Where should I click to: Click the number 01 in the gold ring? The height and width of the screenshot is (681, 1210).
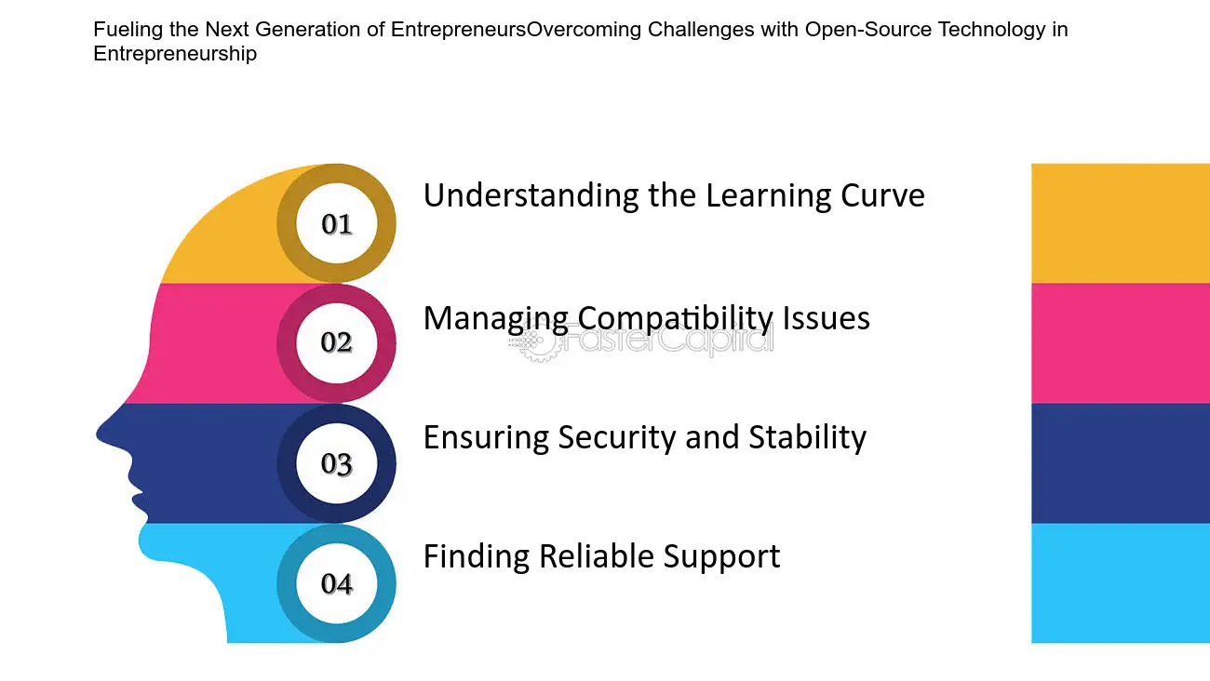[337, 223]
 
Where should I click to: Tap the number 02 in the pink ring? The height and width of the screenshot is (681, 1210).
[336, 341]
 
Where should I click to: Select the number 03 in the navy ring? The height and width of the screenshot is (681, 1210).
[336, 463]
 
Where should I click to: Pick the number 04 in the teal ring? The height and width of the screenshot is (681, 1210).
[337, 583]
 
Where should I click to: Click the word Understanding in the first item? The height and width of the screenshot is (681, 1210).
[531, 195]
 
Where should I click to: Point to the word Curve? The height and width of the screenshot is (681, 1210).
[882, 195]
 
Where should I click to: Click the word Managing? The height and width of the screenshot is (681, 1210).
[495, 318]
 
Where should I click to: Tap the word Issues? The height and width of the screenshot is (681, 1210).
[826, 317]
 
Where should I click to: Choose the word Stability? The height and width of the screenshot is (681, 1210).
[808, 437]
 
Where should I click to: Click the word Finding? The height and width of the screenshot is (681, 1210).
[477, 556]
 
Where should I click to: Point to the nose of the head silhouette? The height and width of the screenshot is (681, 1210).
[100, 434]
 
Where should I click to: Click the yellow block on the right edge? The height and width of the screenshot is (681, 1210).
[1121, 223]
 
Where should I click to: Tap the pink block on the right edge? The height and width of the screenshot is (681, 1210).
[1121, 343]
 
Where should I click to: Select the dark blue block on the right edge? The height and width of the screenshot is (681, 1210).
[1121, 463]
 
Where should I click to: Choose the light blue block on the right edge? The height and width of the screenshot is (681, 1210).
[1121, 583]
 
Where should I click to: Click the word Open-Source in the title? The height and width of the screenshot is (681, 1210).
[868, 30]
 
